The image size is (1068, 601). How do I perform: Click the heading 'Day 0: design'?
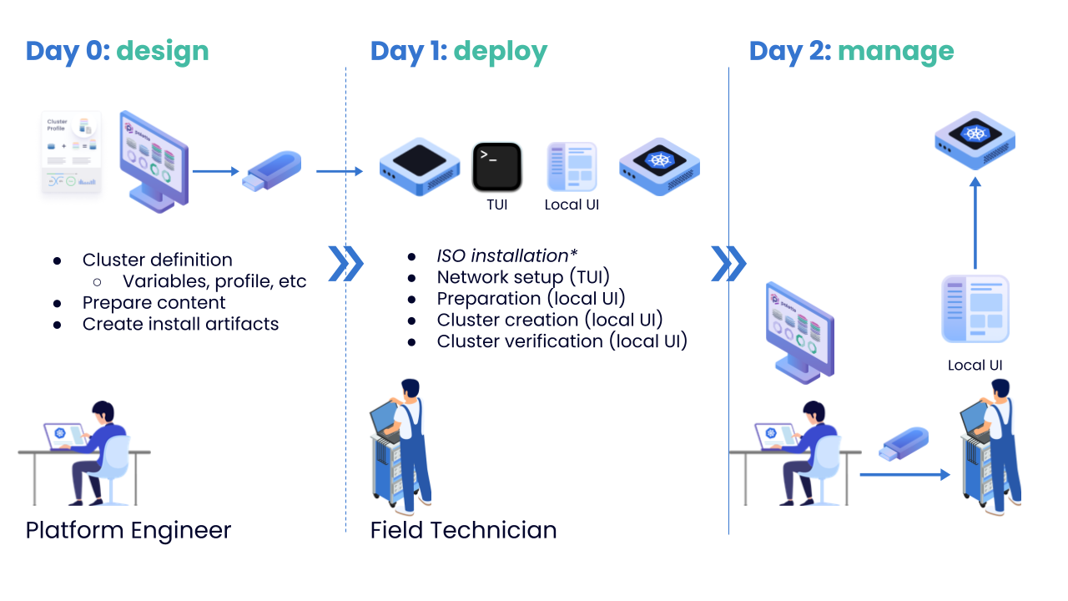click(x=117, y=51)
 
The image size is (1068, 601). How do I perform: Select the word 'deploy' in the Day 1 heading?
click(x=501, y=51)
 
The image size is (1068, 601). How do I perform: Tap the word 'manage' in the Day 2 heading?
click(x=895, y=51)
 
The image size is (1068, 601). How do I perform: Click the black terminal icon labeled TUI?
click(x=496, y=167)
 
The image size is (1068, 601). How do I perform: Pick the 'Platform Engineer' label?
click(x=128, y=530)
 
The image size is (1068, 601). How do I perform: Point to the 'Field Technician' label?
click(x=463, y=530)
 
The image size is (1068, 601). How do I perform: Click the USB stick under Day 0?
click(x=271, y=170)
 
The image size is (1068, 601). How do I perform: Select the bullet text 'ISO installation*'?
click(x=507, y=255)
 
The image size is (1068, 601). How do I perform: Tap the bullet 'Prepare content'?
click(x=154, y=302)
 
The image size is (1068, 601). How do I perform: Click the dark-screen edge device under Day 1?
click(x=420, y=166)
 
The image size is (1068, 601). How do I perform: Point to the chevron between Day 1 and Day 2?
click(x=728, y=264)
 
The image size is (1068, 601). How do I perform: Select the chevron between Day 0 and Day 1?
click(x=345, y=264)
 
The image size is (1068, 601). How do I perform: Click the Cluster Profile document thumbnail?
click(x=72, y=153)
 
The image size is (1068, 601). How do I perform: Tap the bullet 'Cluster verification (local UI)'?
click(x=562, y=341)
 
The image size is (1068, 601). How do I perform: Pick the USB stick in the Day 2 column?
click(x=904, y=442)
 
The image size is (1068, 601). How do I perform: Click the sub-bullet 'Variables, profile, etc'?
click(x=214, y=281)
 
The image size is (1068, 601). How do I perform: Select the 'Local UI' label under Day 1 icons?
click(x=572, y=205)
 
